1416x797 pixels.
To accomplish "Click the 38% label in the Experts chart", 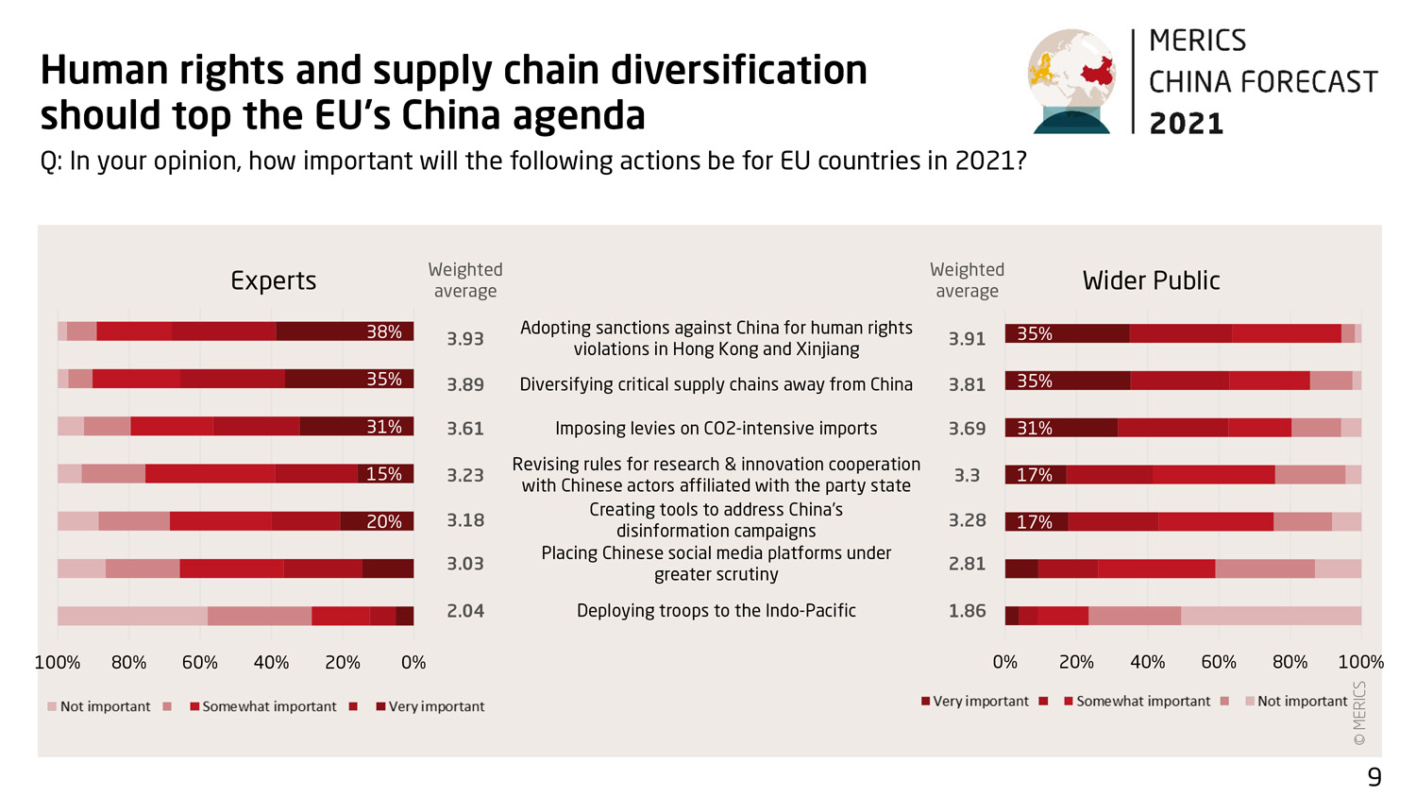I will tap(384, 331).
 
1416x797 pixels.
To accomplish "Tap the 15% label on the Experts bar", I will tap(384, 474).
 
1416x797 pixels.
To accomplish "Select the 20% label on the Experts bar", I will tap(384, 521).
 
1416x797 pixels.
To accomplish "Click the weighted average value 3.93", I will tap(465, 338).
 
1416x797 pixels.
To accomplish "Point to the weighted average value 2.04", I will tap(465, 611).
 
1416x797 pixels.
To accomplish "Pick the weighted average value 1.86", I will tap(967, 611).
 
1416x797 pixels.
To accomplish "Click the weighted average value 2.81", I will tap(967, 564).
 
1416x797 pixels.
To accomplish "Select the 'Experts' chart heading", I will tap(274, 280).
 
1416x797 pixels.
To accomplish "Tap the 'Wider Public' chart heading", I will tap(1151, 280).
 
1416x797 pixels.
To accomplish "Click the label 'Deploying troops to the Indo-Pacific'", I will tap(716, 611).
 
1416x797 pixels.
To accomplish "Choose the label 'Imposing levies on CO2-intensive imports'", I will tap(716, 429).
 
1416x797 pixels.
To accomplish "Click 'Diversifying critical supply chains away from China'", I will tap(716, 384).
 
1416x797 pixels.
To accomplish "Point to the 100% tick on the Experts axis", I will tap(58, 663).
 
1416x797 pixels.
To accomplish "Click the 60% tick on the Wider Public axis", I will tap(1219, 663).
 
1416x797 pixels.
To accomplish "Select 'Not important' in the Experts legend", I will tap(105, 706).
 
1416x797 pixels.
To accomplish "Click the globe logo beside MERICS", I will tap(1071, 81).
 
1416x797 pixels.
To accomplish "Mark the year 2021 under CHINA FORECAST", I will tap(1187, 124).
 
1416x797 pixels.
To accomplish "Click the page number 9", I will tap(1374, 777).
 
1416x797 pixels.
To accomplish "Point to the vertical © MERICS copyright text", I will tap(1359, 714).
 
